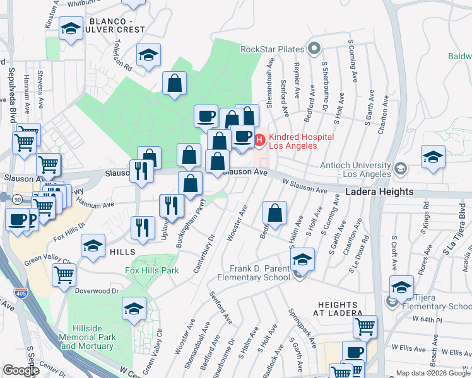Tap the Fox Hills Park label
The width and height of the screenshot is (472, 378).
(x=151, y=270)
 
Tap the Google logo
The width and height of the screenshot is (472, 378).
(x=20, y=370)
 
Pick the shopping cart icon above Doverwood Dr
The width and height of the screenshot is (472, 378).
(x=64, y=274)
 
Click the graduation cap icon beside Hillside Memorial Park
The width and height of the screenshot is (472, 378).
(x=134, y=309)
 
